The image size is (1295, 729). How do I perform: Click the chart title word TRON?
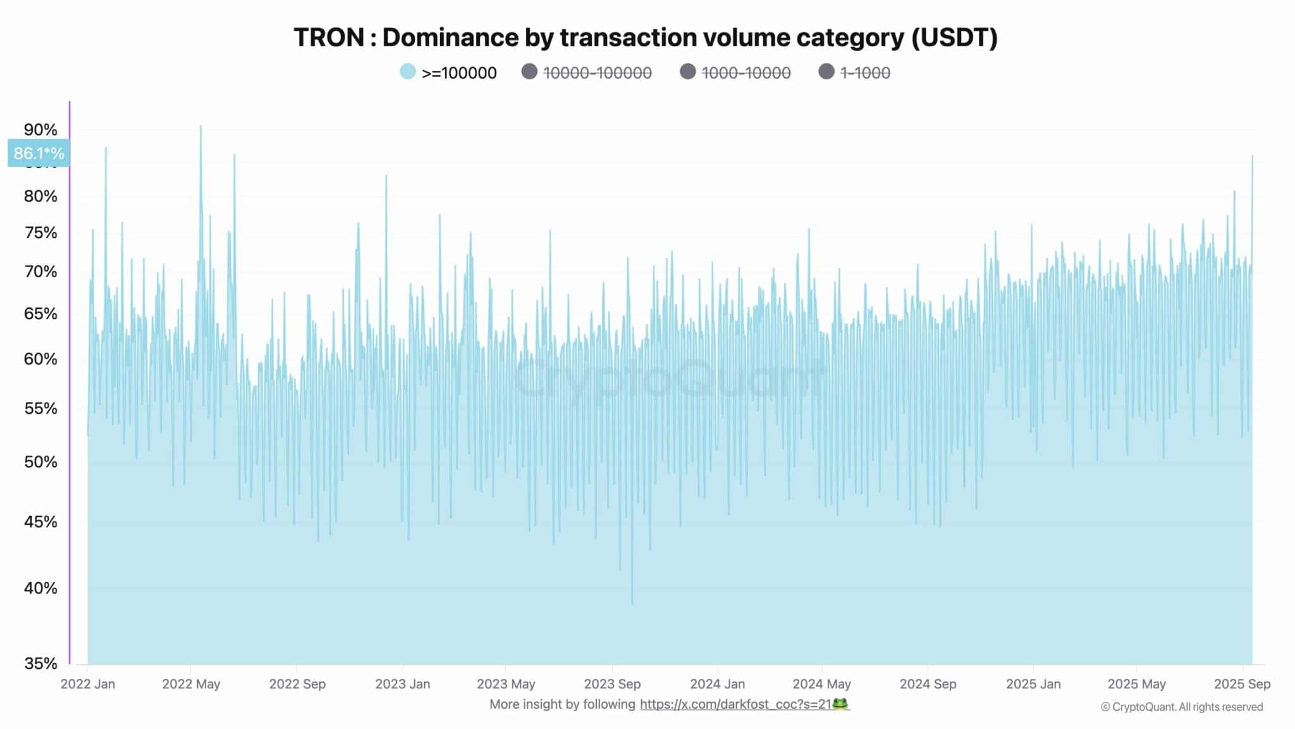click(x=328, y=37)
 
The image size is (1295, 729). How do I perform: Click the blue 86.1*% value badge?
click(x=39, y=153)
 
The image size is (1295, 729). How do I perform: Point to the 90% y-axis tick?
click(x=40, y=130)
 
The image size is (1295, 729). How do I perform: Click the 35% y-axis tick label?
click(x=40, y=663)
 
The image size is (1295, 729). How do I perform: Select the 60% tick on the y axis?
click(x=40, y=359)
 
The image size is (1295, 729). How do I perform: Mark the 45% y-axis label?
click(x=40, y=521)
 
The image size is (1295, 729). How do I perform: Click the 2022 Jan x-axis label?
click(x=88, y=684)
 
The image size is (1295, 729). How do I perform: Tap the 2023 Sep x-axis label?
click(x=612, y=684)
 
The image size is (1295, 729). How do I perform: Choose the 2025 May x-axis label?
click(x=1136, y=684)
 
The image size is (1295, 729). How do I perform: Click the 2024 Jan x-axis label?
click(x=717, y=684)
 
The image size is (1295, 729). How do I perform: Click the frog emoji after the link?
click(x=840, y=704)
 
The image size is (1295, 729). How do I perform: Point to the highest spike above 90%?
click(x=201, y=127)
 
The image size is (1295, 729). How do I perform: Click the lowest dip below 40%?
click(x=632, y=602)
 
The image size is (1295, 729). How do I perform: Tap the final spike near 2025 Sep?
click(x=1253, y=156)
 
